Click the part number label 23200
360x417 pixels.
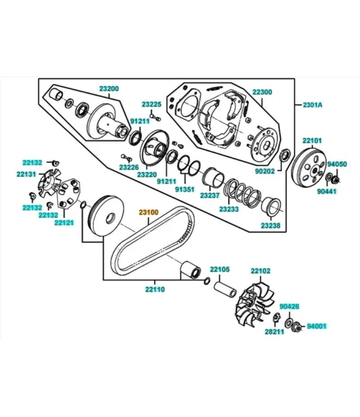tap(109, 88)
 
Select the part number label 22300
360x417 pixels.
tap(262, 92)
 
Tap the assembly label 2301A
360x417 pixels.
tap(313, 105)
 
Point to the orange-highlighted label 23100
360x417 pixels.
tap(148, 212)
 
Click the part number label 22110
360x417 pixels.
tap(155, 289)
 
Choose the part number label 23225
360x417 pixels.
tap(152, 104)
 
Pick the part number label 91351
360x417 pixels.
tap(185, 190)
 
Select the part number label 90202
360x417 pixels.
tap(265, 171)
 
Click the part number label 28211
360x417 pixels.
tap(274, 332)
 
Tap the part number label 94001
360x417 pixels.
tap(316, 326)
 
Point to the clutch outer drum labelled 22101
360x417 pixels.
tap(309, 167)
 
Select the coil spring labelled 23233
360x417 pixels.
tap(243, 193)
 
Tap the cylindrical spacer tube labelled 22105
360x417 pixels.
tap(225, 289)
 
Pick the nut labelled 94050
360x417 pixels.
tap(336, 180)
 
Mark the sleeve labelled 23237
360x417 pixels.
tap(213, 176)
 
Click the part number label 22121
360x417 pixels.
tap(64, 223)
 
